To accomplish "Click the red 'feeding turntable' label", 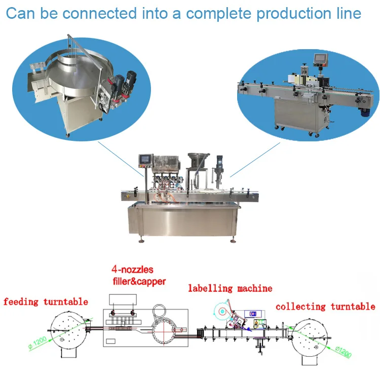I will coord(46,302).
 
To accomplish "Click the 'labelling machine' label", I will coord(230,289).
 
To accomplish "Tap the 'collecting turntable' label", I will coord(325,307).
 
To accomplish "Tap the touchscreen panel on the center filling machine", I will coord(145,159).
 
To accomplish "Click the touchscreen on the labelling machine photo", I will coord(320,60).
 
